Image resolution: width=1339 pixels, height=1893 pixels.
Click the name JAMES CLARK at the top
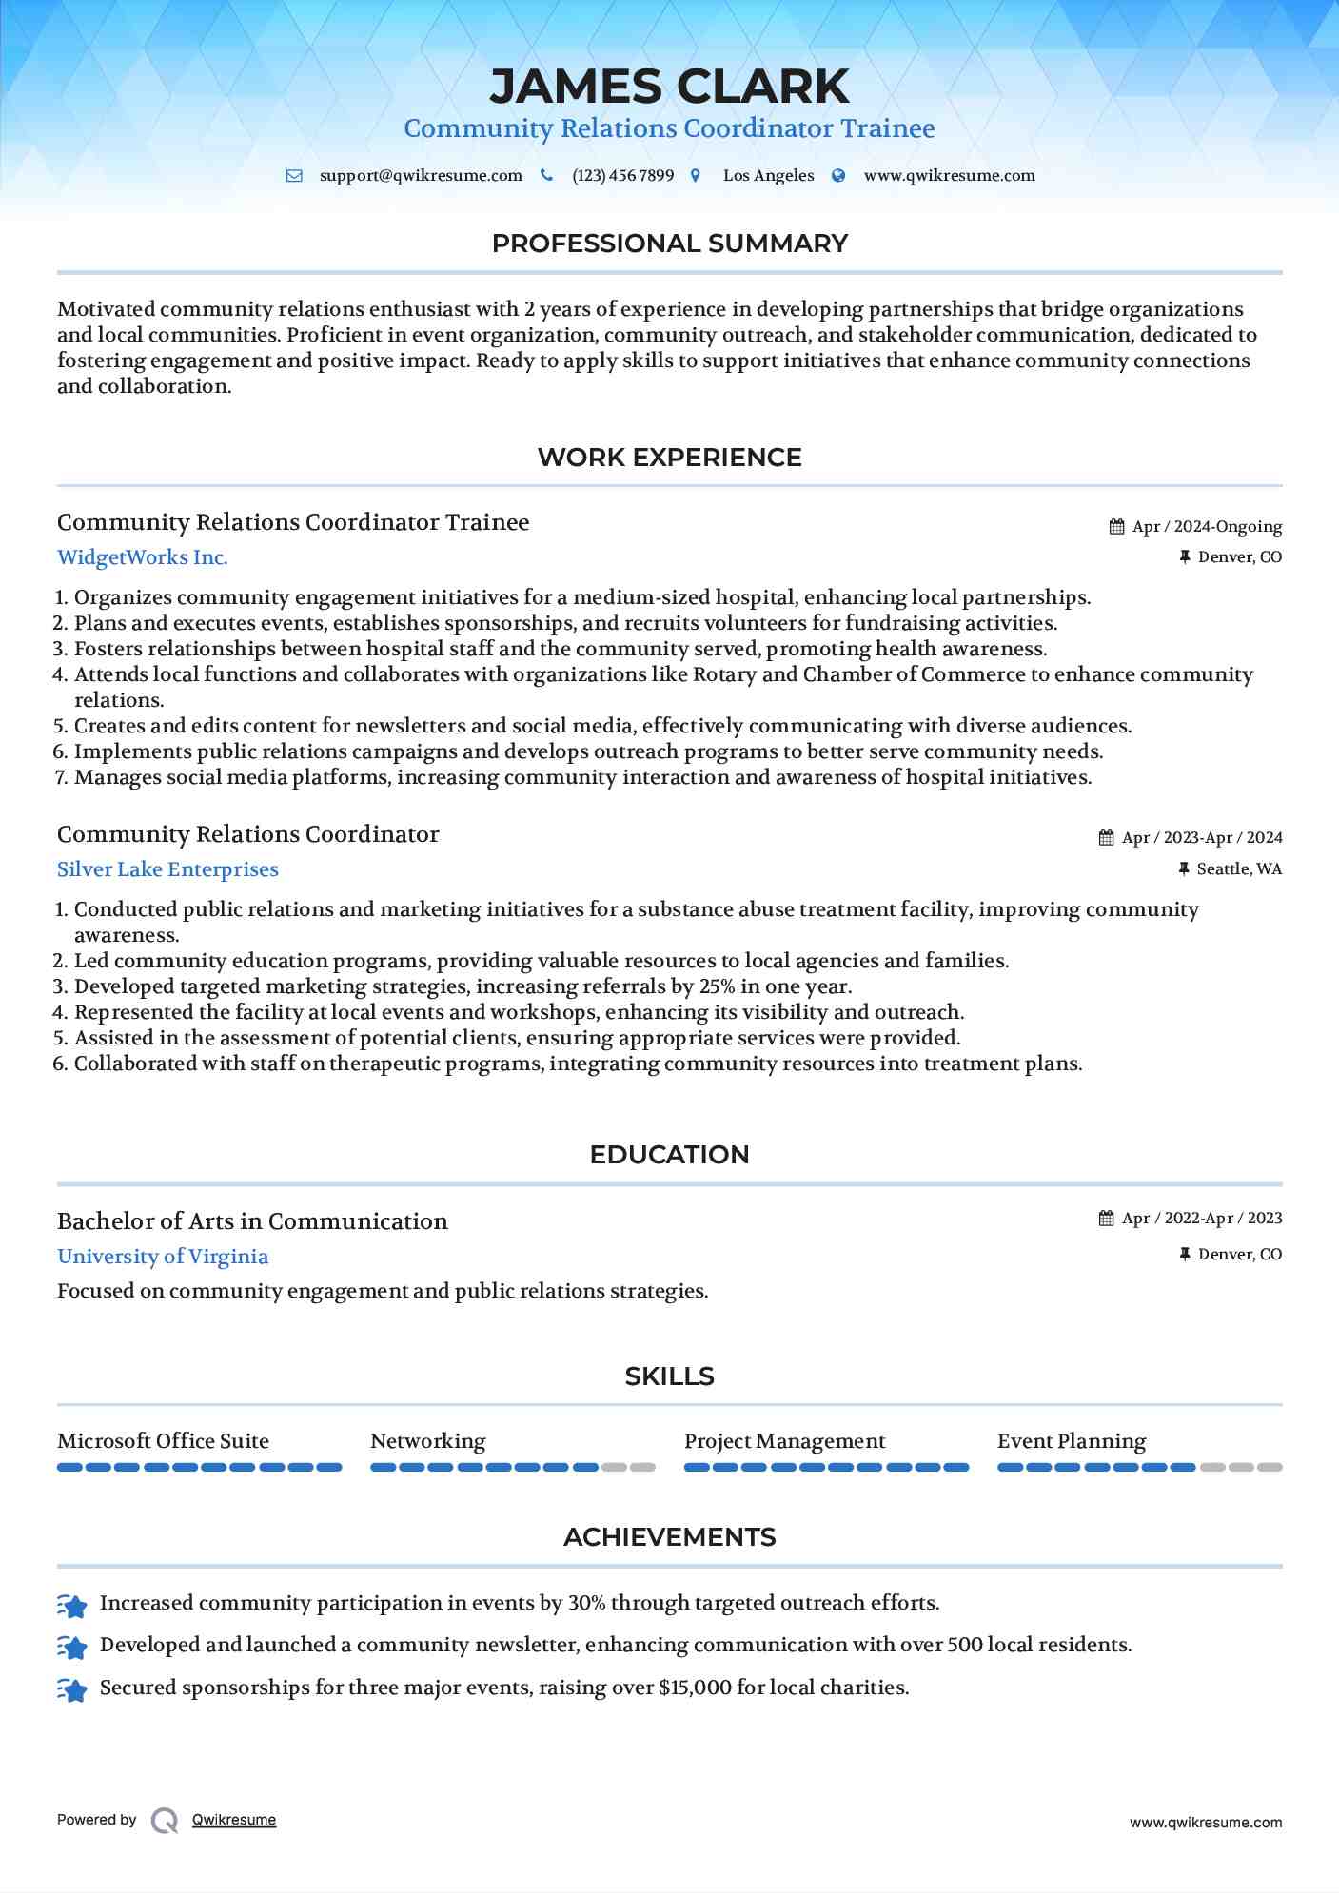click(669, 87)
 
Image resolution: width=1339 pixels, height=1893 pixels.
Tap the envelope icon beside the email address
click(294, 176)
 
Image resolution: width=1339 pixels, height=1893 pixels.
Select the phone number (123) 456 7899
click(622, 176)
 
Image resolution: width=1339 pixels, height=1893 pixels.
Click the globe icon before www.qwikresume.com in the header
click(838, 176)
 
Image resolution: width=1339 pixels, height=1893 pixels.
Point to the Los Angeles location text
click(768, 176)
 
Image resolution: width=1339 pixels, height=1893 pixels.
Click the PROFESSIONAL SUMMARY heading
click(669, 244)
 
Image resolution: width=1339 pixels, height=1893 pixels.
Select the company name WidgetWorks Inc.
click(143, 557)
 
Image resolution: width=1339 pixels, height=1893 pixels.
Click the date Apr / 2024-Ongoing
click(1207, 527)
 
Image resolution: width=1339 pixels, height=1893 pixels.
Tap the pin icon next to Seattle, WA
click(1184, 868)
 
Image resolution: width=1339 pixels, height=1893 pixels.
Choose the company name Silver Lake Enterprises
click(167, 869)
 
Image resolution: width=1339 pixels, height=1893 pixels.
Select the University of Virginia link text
click(163, 1257)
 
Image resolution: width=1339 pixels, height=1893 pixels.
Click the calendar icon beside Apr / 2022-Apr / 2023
click(1106, 1219)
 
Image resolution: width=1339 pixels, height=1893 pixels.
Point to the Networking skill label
click(427, 1441)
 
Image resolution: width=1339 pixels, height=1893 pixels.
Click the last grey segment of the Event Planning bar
click(1270, 1468)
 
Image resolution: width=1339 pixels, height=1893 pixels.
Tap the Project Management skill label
click(784, 1441)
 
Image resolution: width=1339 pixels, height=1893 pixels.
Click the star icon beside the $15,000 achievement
click(72, 1689)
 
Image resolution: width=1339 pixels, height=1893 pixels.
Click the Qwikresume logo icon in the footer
click(165, 1820)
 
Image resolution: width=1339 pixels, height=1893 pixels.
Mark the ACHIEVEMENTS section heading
click(669, 1537)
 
